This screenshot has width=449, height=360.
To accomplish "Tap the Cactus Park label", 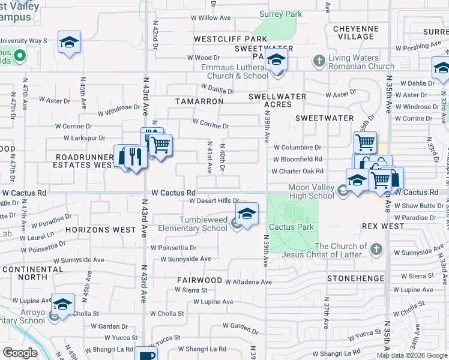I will point(291,227).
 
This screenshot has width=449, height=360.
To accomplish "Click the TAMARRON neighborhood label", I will point(199,101).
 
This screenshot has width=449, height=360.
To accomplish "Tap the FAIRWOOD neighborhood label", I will point(200,280).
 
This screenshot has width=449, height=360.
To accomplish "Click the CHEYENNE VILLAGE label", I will point(356,32).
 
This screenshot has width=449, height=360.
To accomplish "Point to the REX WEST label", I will point(384,226).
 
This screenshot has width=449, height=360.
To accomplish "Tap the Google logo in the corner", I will point(20,353).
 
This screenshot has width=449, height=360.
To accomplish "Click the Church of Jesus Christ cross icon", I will point(376,250).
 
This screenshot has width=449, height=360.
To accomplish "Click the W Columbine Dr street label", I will point(297,147).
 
